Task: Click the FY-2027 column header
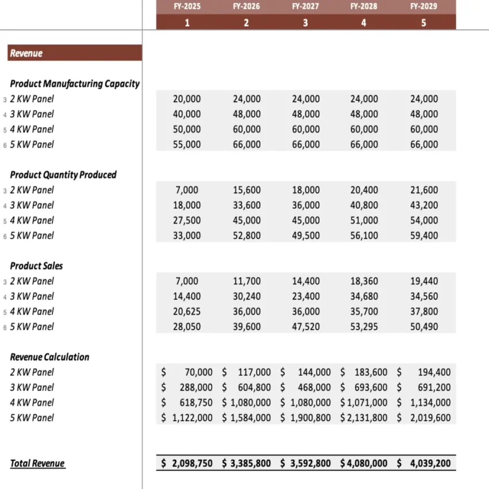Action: coord(305,6)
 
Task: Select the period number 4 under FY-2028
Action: coord(364,23)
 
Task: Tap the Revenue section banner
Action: coord(75,53)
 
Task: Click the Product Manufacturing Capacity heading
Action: coord(75,83)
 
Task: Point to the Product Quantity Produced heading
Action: coord(63,174)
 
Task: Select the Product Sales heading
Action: coord(37,266)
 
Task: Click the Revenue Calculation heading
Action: coord(50,357)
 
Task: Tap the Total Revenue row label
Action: coord(37,464)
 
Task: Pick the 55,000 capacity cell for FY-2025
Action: coord(187,144)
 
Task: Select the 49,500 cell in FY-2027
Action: coord(305,235)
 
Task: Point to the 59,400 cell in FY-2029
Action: coord(423,235)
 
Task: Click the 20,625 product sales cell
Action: coord(187,311)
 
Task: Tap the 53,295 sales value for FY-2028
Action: coord(364,327)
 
